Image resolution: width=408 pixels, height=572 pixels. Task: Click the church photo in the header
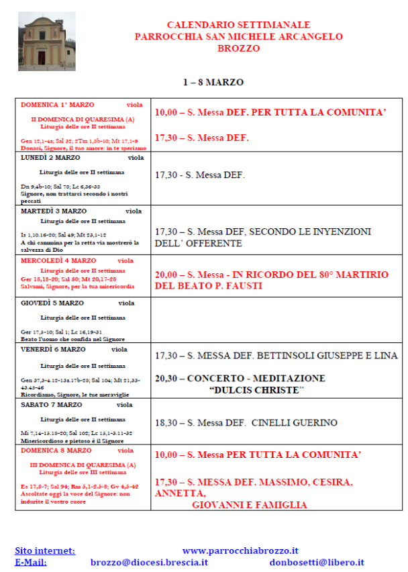[x=47, y=41]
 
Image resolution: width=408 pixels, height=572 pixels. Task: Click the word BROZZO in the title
[x=239, y=48]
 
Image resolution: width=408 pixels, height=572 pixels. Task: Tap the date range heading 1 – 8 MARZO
[x=213, y=83]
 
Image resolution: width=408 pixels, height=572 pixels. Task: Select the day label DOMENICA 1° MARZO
[x=58, y=105]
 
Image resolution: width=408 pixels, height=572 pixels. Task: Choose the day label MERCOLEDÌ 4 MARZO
[x=58, y=260]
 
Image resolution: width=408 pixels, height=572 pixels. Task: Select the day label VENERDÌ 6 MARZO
[x=53, y=350]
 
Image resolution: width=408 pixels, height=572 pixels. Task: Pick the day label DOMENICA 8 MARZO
[x=56, y=450]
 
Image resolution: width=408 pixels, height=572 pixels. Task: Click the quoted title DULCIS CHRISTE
[x=256, y=390]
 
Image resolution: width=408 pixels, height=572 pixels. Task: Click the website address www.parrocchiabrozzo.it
[x=240, y=551]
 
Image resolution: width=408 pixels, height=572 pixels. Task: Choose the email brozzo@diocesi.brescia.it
[x=150, y=562]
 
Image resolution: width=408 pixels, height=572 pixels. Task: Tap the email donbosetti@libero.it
[x=317, y=562]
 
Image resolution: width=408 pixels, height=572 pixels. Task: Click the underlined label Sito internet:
[x=45, y=551]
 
